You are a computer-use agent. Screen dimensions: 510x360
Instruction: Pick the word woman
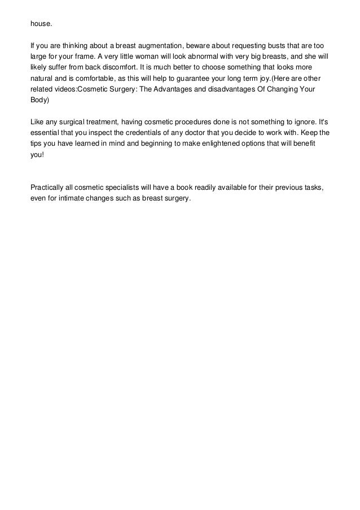coord(134,57)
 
